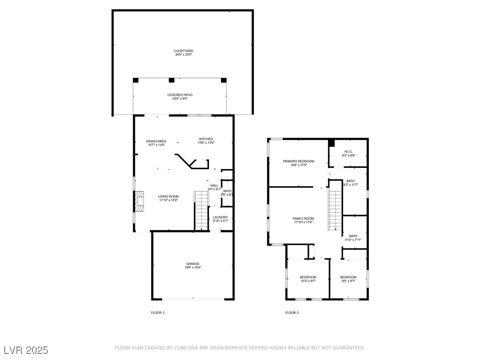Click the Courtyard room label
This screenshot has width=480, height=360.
coord(183,51)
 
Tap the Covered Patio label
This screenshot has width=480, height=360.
coord(180,95)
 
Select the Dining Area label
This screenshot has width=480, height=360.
coord(156,141)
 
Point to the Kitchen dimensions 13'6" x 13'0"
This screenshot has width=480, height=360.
coord(206,142)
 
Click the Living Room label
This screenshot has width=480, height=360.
coord(168,196)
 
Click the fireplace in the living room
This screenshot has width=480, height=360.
coord(140,202)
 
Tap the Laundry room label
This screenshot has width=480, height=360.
coord(220,217)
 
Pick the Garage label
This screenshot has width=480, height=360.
coord(193,264)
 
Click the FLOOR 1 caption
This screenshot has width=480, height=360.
coord(158,313)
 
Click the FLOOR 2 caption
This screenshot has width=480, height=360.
coord(292,313)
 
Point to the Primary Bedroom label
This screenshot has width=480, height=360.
coord(299,161)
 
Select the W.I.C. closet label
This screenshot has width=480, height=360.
coord(348,152)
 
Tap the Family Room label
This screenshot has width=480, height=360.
coord(303,218)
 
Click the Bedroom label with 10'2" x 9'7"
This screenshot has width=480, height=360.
coord(308,277)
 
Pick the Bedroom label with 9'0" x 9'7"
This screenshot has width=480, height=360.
coord(348,277)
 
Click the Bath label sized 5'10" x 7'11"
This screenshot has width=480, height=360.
coord(353,236)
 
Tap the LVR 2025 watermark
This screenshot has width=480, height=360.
coord(26,350)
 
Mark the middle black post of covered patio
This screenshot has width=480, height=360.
coord(172,80)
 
